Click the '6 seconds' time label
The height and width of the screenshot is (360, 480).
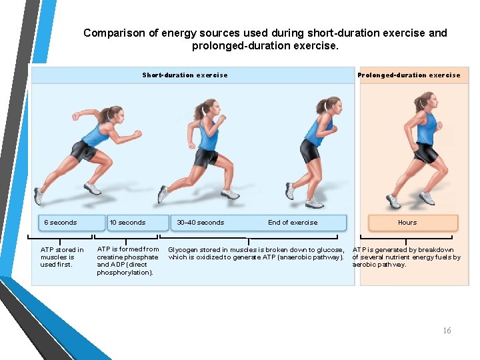[x=61, y=223]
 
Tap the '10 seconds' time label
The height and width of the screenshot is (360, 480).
[x=127, y=223]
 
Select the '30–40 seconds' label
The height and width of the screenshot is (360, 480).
[x=201, y=223]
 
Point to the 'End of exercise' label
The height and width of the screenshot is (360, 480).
[x=293, y=223]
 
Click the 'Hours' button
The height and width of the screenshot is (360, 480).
[x=407, y=223]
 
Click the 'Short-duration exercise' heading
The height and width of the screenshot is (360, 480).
[x=185, y=75]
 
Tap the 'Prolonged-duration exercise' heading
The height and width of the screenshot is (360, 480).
[x=409, y=75]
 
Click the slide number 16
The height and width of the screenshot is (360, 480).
[x=447, y=331]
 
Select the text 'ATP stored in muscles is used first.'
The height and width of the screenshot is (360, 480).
[x=62, y=257]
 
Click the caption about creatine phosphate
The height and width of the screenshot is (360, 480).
[x=128, y=261]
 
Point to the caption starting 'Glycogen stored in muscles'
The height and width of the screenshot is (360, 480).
[x=256, y=253]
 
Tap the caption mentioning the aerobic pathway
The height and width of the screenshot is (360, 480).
[x=406, y=257]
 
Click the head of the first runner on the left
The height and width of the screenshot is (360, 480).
[x=111, y=113]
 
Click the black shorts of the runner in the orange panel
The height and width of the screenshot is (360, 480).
[x=425, y=153]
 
